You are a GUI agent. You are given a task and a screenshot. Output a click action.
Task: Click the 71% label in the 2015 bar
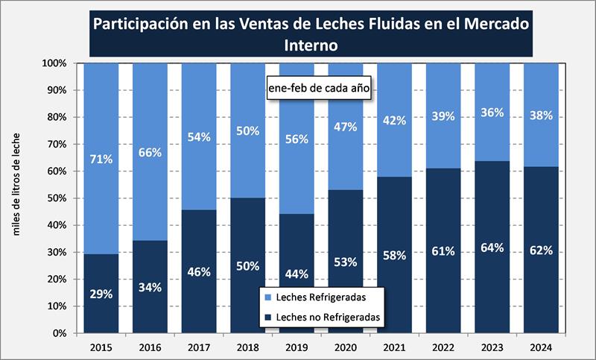coord(101,159)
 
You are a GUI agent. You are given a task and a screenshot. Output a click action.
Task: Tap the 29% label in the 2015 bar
coord(101,294)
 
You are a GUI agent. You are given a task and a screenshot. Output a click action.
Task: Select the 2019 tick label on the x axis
coord(297,347)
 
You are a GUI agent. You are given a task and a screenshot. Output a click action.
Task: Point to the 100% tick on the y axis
coord(54,63)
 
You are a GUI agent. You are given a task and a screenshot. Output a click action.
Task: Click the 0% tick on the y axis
coord(59,333)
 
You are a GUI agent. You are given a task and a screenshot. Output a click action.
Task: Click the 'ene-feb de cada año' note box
coord(319,86)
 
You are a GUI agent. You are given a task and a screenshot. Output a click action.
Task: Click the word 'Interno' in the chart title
coord(311,45)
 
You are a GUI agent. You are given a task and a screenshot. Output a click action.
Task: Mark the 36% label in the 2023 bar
coord(492,113)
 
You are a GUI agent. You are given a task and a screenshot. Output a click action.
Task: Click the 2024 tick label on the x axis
coord(541,347)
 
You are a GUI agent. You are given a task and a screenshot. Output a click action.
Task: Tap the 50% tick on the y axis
coord(57,198)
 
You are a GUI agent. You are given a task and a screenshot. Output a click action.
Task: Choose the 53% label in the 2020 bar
coord(345,262)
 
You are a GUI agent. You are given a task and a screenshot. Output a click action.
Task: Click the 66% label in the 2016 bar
coord(150,153)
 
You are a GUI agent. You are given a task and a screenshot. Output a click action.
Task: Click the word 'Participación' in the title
coord(139,23)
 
